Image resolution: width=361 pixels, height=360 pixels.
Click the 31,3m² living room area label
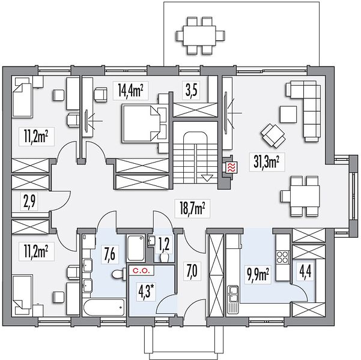(267, 161)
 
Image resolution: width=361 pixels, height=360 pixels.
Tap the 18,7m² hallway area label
(192, 208)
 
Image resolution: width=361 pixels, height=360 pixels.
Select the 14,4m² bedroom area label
(130, 91)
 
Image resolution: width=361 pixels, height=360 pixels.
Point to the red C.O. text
(142, 271)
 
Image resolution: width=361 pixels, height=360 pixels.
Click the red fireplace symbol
(230, 167)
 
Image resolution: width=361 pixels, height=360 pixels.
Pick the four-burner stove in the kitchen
(282, 257)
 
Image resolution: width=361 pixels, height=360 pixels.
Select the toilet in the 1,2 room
(165, 257)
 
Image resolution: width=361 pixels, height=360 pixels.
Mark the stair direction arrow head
(207, 178)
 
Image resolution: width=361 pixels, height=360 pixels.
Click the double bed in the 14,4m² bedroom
(141, 123)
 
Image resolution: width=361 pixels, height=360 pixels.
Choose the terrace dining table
(199, 36)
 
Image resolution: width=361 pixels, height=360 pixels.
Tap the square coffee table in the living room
(288, 114)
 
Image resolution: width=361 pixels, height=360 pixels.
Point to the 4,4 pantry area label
(305, 273)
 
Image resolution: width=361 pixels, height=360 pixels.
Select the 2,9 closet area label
(31, 201)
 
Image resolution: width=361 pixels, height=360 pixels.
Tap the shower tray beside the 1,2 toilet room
(135, 248)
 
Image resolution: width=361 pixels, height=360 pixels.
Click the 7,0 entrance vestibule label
(192, 270)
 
